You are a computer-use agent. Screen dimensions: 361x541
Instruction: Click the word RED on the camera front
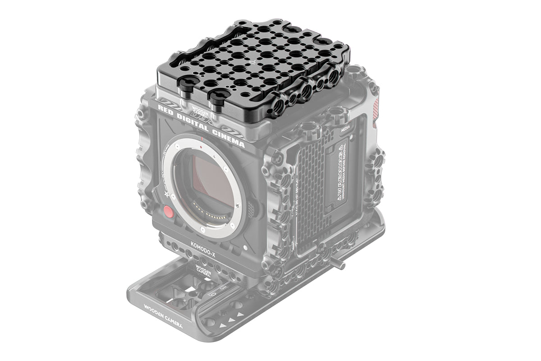click(166, 111)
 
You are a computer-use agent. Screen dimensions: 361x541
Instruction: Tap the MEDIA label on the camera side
click(345, 128)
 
